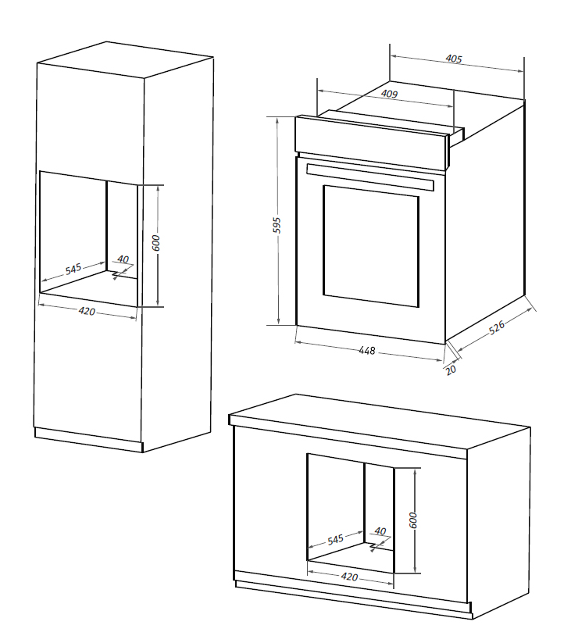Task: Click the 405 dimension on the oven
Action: point(454,59)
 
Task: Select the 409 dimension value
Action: point(389,95)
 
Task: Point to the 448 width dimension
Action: point(367,351)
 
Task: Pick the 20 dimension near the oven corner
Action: point(451,369)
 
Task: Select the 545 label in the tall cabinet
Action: point(73,270)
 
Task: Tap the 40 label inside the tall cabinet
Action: point(123,259)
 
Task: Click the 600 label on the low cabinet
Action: point(414,520)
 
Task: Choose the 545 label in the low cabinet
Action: point(335,540)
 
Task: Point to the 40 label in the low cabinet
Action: point(380,531)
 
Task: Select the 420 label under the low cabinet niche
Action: point(349,577)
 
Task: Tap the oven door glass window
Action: point(370,244)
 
